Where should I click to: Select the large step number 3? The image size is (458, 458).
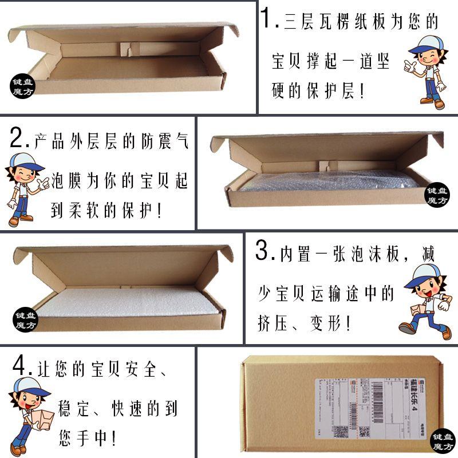coord(263,251)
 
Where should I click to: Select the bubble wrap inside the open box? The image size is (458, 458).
coord(326,184)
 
